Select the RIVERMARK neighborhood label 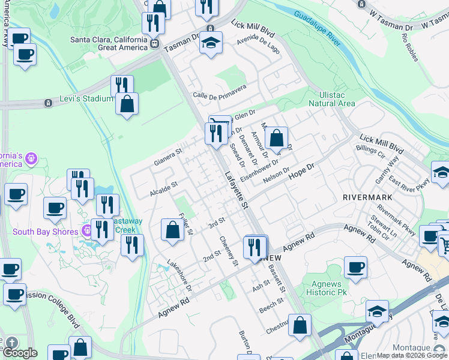click(367, 197)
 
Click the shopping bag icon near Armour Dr click(276, 138)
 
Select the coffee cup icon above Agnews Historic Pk click(355, 266)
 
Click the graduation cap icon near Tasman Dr click(211, 43)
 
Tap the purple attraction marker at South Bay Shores click(86, 230)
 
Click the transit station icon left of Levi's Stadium click(47, 103)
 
